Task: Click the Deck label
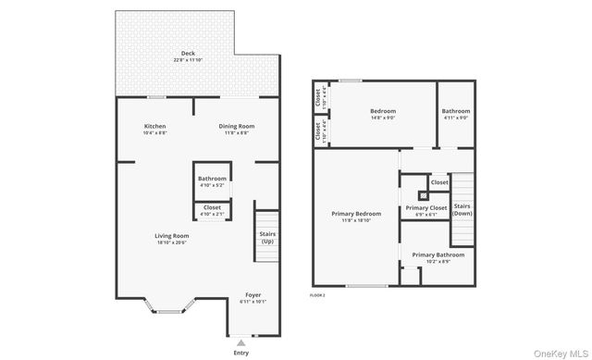[x=188, y=53]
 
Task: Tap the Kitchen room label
[x=154, y=126]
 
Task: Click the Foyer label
[x=253, y=294]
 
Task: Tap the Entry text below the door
[x=241, y=353]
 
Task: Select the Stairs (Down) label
[x=462, y=209]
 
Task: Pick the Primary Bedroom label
[x=356, y=213]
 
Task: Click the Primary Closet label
[x=425, y=208]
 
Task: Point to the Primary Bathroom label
[x=438, y=254]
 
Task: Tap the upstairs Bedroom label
[x=383, y=111]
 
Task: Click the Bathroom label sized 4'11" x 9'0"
[x=457, y=111]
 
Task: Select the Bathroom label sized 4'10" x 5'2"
[x=212, y=179]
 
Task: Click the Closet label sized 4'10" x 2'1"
[x=212, y=207]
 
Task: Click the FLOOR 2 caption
[x=318, y=294]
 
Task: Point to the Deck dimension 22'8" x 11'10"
[x=188, y=60]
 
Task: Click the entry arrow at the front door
[x=241, y=341]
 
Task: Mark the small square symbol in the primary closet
[x=424, y=195]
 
